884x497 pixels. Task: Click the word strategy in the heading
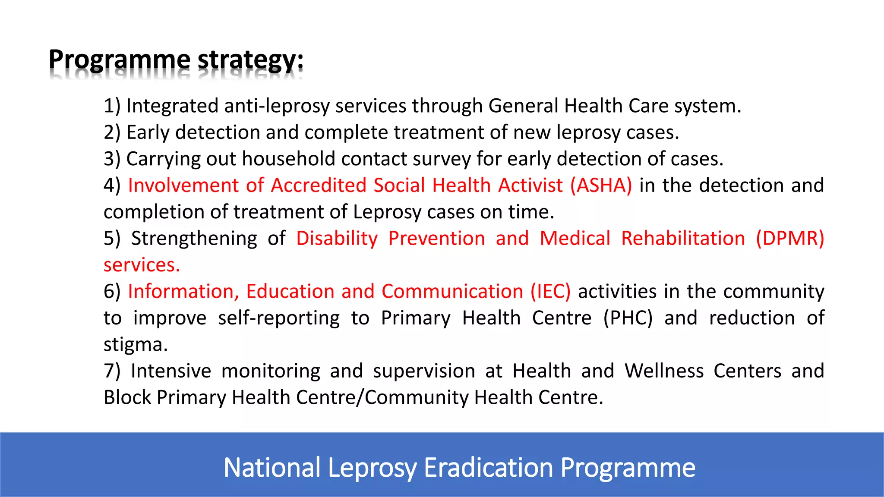pos(250,60)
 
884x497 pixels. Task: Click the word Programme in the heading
pos(120,60)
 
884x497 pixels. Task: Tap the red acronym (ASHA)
pos(601,186)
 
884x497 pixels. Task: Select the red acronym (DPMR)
pos(790,239)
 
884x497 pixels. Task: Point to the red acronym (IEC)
pos(550,292)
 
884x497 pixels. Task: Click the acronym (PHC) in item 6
pos(628,318)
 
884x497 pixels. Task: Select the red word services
pos(141,265)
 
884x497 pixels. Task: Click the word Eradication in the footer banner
pos(489,468)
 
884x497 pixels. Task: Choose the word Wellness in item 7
pos(664,371)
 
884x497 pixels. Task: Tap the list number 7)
pos(112,371)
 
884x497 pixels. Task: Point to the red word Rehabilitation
pos(683,239)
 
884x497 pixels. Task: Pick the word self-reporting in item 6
pos(279,318)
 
